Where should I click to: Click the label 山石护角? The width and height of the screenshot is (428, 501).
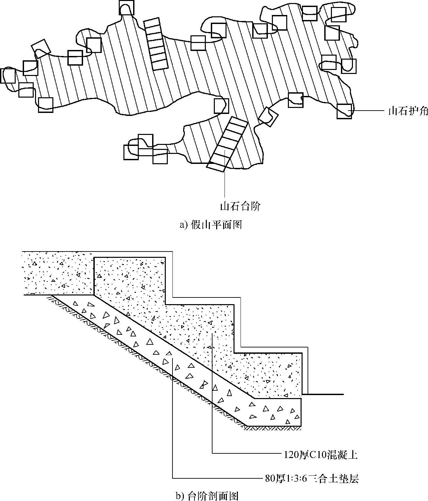407,111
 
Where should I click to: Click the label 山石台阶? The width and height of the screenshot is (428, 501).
240,207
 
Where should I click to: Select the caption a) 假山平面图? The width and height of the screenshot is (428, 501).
211,225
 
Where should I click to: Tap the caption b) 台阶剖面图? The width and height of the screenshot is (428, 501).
207,496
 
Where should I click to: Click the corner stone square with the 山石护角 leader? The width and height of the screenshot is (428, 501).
344,111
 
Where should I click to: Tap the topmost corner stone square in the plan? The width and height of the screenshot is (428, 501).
126,8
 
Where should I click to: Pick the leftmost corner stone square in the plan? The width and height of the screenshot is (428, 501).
8,76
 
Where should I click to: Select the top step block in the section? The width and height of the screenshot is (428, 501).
130,276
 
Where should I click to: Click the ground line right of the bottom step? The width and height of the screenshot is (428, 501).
325,394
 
